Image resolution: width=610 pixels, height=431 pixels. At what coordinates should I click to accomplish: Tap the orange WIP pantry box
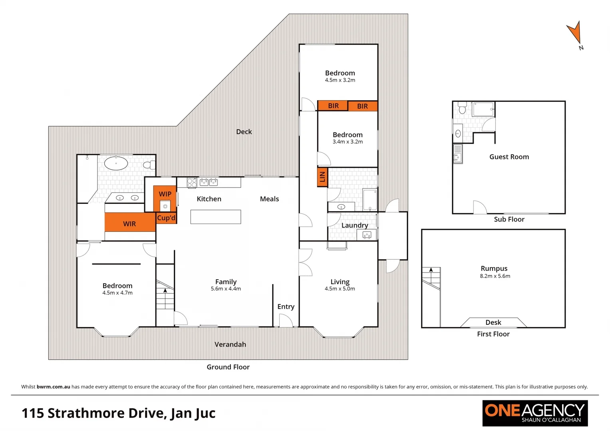(165, 194)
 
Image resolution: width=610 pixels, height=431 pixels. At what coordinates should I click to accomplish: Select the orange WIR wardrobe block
(129, 223)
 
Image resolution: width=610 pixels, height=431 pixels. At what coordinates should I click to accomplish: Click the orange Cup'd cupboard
(166, 218)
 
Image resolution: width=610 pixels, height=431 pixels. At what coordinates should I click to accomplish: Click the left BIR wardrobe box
(333, 106)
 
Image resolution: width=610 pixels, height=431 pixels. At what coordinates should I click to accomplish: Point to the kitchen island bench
(216, 217)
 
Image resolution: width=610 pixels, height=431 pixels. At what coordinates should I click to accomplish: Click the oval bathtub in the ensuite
(116, 163)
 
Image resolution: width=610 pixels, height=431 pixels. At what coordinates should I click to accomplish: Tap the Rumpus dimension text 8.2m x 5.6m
(495, 276)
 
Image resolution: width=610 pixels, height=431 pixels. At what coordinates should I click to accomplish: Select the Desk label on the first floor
(493, 322)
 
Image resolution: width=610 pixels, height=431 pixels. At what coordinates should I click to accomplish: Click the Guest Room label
(509, 157)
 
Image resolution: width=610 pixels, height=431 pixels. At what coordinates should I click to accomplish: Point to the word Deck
(244, 132)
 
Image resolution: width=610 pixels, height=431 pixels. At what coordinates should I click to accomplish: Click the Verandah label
(230, 344)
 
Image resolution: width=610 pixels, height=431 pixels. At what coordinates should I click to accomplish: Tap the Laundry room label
(354, 225)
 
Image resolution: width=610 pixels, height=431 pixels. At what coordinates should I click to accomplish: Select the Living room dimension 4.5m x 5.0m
(340, 289)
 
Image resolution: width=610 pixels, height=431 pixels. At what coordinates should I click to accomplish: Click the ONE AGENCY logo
(534, 413)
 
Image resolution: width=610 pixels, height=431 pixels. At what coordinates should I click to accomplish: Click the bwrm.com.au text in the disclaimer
(53, 387)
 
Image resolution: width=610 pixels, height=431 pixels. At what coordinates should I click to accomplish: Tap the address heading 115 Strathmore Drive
(118, 413)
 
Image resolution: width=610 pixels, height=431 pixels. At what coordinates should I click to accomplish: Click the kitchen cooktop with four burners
(192, 183)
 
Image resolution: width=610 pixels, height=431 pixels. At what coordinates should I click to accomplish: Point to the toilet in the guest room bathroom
(462, 108)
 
